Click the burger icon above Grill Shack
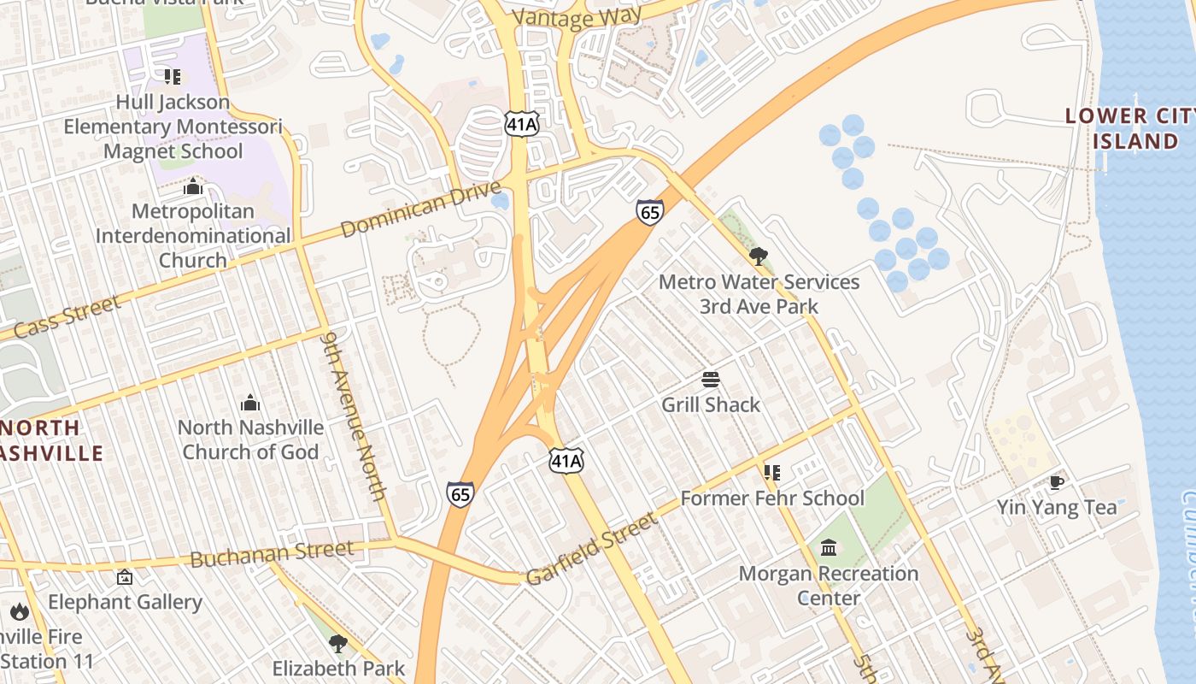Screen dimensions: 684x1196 (x=711, y=379)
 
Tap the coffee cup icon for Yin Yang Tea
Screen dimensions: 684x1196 (x=1057, y=482)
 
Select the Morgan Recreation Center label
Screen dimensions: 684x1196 (x=828, y=585)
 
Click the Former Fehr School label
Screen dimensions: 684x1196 (x=772, y=498)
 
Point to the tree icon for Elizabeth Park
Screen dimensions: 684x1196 (x=338, y=643)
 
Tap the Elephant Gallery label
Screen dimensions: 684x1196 (x=125, y=602)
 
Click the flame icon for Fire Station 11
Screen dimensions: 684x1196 (x=20, y=611)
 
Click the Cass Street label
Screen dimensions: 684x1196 (x=67, y=318)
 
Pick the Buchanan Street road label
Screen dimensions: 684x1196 (x=272, y=554)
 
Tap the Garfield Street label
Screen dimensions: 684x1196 (x=591, y=549)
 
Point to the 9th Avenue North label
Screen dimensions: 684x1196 (x=354, y=416)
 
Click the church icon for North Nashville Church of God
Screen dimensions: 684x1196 (x=250, y=403)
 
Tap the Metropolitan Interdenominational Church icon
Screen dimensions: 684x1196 (x=193, y=186)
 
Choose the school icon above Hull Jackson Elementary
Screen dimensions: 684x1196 (x=173, y=78)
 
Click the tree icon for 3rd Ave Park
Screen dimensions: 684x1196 (x=758, y=256)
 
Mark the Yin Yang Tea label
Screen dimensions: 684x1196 (x=1056, y=507)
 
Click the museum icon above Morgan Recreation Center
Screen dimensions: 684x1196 (x=829, y=547)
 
